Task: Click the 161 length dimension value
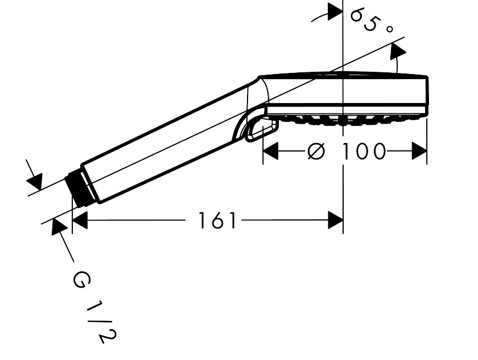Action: [217, 220]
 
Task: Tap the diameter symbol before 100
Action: [316, 151]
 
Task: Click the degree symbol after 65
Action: [389, 29]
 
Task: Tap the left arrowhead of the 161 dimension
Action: [80, 220]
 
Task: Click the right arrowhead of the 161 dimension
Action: [335, 220]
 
